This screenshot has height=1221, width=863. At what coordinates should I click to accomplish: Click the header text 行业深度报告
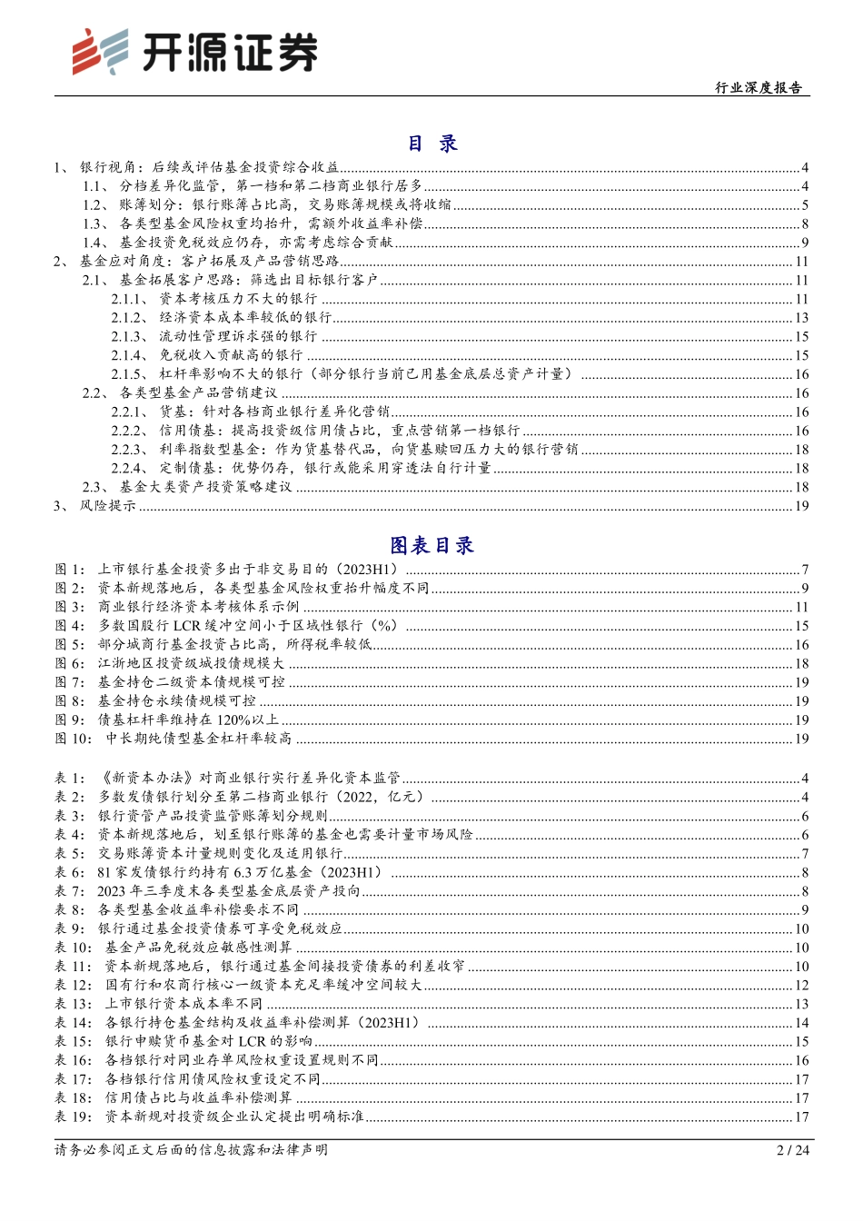click(x=758, y=88)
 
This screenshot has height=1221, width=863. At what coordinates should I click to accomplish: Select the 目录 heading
click(x=431, y=144)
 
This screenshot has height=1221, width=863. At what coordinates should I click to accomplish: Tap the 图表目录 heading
click(x=431, y=545)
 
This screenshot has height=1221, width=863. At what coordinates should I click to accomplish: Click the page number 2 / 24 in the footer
click(x=793, y=1150)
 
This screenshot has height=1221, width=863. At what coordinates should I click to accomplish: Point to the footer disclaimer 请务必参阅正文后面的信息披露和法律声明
click(x=191, y=1150)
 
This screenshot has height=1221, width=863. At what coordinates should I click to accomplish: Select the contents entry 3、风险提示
click(x=107, y=506)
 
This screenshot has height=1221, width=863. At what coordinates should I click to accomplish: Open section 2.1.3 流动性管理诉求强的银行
click(x=238, y=337)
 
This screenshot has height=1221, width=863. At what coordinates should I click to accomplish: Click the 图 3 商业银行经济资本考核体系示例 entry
click(x=198, y=607)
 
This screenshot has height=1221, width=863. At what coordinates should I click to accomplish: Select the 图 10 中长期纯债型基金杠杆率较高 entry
click(x=198, y=739)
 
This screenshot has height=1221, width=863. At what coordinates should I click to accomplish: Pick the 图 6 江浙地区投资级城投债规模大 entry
click(x=191, y=663)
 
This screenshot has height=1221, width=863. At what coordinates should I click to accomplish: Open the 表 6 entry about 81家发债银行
click(x=240, y=872)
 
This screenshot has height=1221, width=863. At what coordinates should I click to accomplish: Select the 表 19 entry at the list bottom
click(x=233, y=1117)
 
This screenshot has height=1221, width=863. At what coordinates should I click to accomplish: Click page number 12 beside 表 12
click(x=801, y=986)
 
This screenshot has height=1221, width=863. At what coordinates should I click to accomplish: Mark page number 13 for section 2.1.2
click(x=801, y=318)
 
